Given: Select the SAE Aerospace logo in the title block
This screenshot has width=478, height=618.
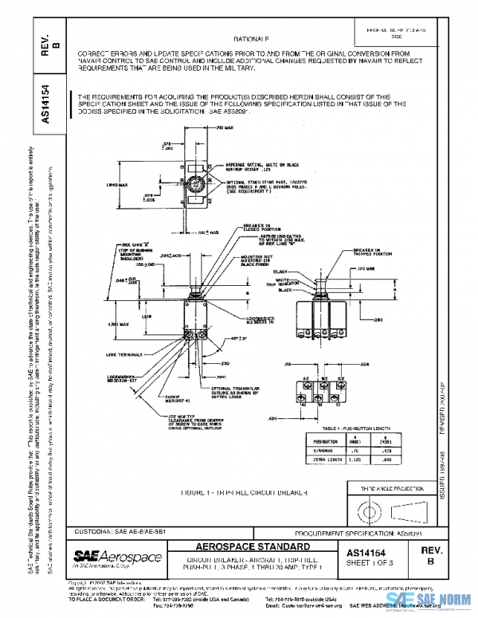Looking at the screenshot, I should (117, 557).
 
